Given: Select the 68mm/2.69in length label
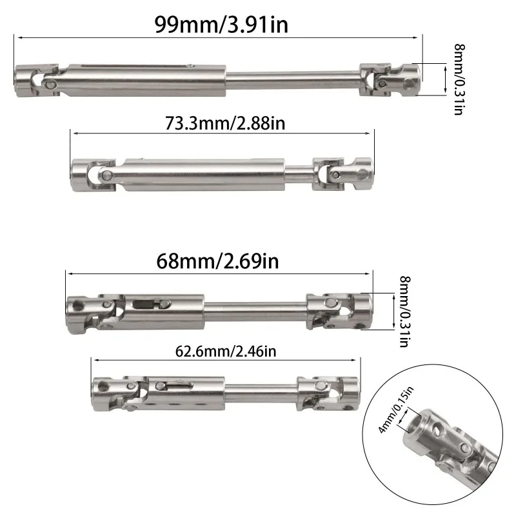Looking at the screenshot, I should point(217,262).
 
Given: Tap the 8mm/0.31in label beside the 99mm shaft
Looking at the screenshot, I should point(459,79).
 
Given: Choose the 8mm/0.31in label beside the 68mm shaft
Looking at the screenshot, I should point(405,312).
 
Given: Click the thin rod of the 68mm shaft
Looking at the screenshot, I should point(255,304).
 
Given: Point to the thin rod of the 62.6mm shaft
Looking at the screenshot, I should point(261,389).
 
